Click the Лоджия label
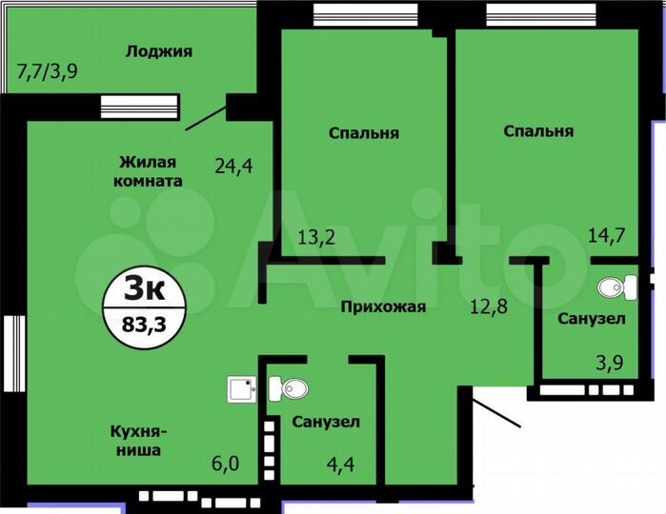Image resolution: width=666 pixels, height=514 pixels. (159, 50)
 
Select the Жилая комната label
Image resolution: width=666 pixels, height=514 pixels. (147, 169)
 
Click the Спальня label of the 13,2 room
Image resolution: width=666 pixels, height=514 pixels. (363, 132)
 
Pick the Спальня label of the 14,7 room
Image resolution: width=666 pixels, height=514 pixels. (538, 130)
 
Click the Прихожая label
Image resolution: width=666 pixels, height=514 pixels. (384, 306)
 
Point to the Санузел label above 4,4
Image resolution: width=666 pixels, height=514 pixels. (326, 421)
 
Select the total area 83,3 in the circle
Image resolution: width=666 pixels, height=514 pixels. (142, 322)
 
